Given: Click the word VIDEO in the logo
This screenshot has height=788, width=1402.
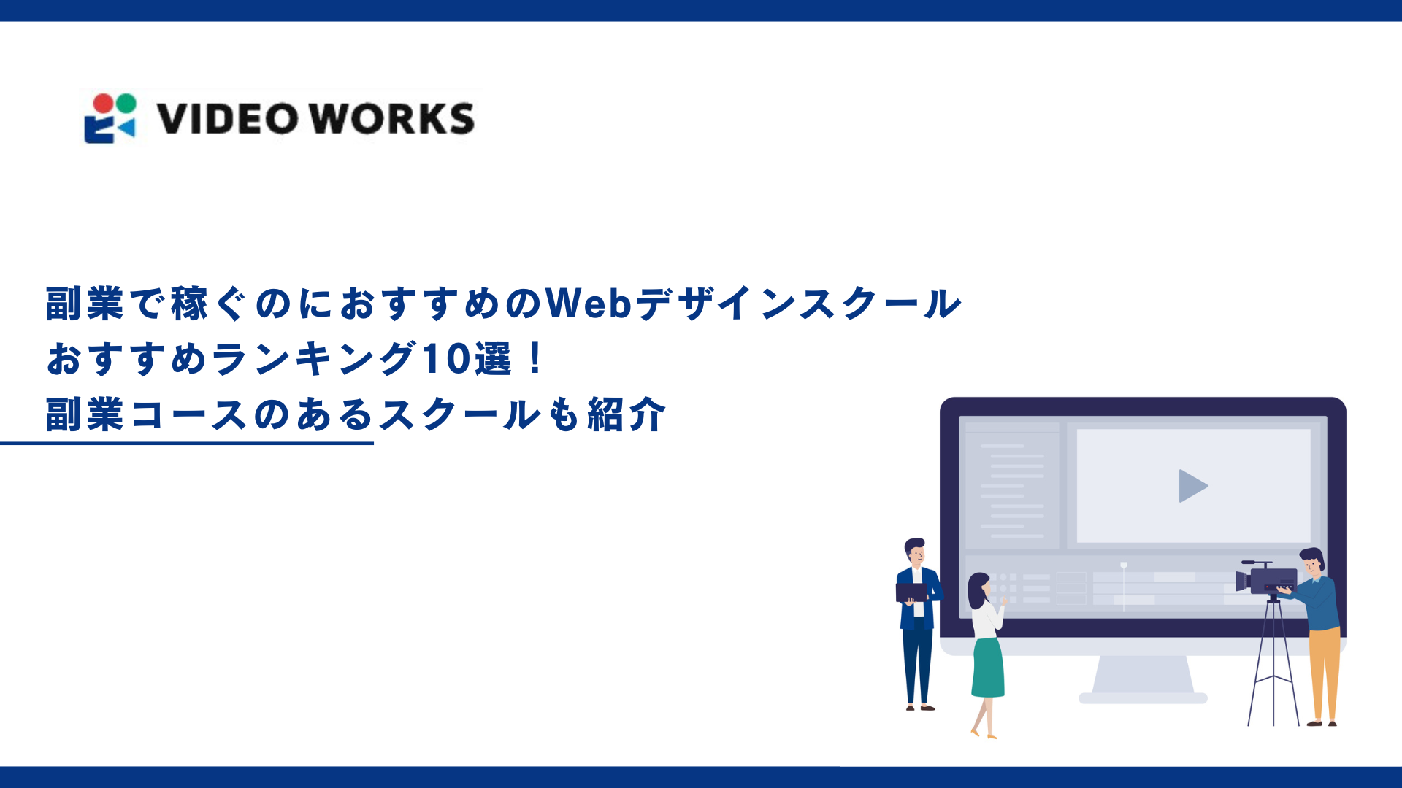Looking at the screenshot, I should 228,119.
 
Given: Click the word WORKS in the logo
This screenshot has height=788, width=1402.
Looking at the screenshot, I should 391,119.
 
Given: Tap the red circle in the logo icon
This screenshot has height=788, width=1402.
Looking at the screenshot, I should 104,104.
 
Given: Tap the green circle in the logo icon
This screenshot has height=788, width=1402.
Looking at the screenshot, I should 126,103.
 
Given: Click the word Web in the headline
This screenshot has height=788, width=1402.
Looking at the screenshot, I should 589,303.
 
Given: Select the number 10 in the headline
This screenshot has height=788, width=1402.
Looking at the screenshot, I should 446,359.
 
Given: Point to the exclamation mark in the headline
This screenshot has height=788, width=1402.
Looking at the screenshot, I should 535,359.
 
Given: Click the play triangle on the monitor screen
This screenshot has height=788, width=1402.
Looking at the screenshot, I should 1192,486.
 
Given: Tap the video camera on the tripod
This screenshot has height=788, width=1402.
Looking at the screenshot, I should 1266,580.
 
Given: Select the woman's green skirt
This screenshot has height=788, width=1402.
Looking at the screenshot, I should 988,668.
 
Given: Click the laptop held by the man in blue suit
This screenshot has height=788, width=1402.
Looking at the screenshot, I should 911,592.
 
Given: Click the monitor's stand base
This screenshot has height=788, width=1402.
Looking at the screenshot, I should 1143,697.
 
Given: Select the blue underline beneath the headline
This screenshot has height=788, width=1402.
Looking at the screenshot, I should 187,443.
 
